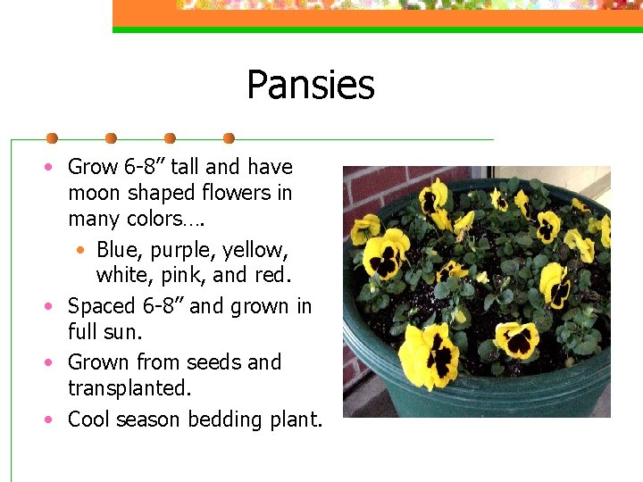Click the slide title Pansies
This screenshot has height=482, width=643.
(310, 86)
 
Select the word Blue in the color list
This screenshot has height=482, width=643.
(118, 249)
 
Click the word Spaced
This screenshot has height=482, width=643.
(102, 307)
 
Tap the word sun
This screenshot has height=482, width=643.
(124, 333)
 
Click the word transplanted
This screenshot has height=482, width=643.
(129, 390)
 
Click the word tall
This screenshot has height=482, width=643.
(185, 166)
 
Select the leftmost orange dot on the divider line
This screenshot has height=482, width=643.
(52, 138)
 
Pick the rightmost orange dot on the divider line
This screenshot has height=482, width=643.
(229, 138)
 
